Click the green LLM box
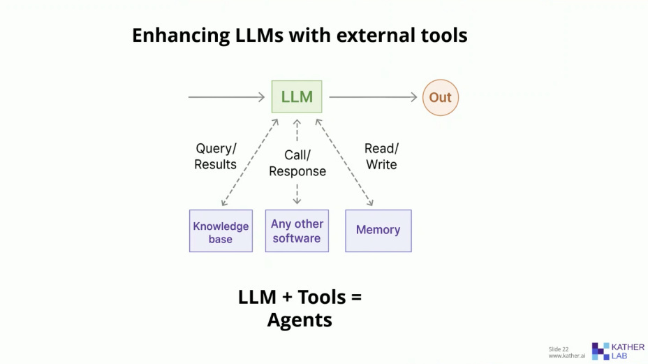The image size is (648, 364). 297,97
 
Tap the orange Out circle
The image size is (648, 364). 440,97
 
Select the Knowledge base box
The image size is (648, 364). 221,231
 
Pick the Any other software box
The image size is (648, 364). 297,231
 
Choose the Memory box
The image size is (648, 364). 378,231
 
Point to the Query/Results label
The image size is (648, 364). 216,156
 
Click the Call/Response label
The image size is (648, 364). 297,163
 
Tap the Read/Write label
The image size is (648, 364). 381,156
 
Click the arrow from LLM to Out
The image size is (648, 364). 373,97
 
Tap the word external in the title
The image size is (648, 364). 364,36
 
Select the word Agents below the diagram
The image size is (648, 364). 300,320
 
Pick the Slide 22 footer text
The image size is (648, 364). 559,349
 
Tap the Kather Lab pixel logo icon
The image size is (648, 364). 600,351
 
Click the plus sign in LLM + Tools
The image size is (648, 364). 287,298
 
